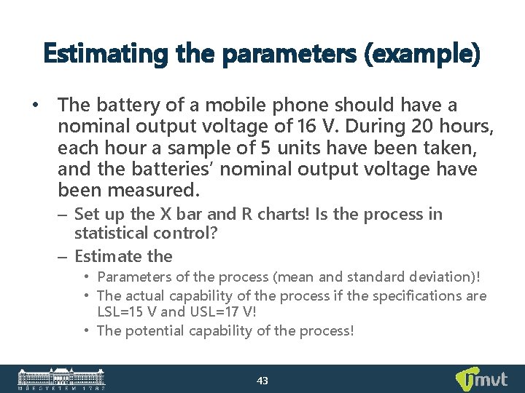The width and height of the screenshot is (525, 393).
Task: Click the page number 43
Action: pyautogui.click(x=262, y=380)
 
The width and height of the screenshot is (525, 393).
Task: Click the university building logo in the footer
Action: pyautogui.click(x=62, y=378)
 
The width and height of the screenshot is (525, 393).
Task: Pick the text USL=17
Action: pyautogui.click(x=210, y=311)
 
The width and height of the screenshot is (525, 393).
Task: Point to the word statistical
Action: pyautogui.click(x=112, y=233)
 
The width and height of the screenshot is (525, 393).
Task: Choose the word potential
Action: pyautogui.click(x=158, y=331)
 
